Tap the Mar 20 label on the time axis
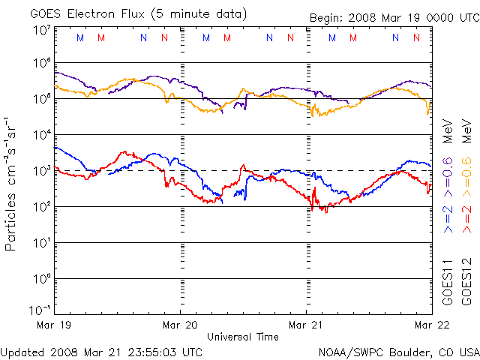tap(181, 325)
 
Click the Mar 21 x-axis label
tap(307, 325)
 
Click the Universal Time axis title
tap(243, 337)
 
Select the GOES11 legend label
tap(447, 283)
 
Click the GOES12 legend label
tap(466, 283)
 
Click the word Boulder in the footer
tap(411, 352)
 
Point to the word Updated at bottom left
tap(22, 352)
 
